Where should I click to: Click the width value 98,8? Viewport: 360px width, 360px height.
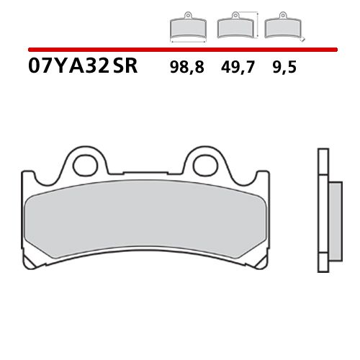coord(186,68)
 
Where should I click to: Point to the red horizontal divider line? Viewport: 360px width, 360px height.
coord(180,50)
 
